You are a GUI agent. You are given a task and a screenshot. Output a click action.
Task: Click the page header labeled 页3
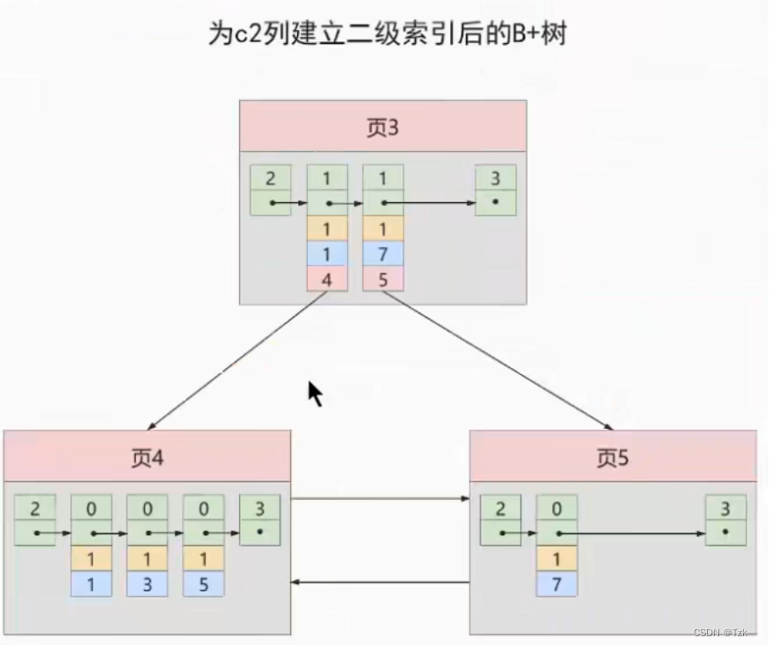(x=382, y=127)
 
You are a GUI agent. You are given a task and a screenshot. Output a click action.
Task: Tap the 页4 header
(x=146, y=457)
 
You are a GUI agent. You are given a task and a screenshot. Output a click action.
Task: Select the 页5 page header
(x=612, y=457)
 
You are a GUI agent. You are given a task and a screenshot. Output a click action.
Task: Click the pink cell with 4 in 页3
(x=327, y=279)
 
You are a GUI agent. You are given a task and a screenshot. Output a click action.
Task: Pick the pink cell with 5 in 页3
(x=383, y=279)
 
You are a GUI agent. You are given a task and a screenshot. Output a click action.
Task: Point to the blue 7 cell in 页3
(x=383, y=254)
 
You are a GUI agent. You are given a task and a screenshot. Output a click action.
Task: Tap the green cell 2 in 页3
(x=270, y=178)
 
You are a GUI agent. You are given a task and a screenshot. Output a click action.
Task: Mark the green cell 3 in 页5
(x=725, y=508)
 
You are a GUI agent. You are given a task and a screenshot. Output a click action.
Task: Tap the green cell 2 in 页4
(x=34, y=508)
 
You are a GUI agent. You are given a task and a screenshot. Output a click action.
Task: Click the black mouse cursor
(x=315, y=393)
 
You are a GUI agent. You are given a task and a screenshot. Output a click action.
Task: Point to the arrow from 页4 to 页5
(x=380, y=499)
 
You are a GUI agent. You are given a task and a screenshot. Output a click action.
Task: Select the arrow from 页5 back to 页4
(x=380, y=581)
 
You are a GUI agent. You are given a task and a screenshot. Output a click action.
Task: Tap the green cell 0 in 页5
(x=557, y=508)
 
